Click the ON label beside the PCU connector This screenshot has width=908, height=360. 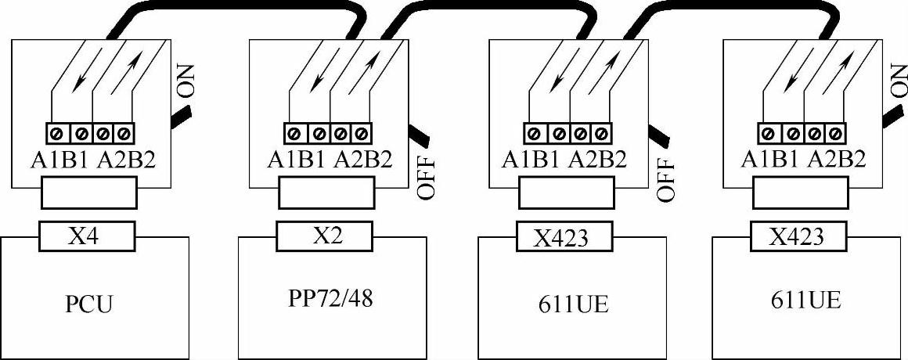click(x=188, y=79)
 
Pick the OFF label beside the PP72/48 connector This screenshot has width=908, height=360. click(x=427, y=179)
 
